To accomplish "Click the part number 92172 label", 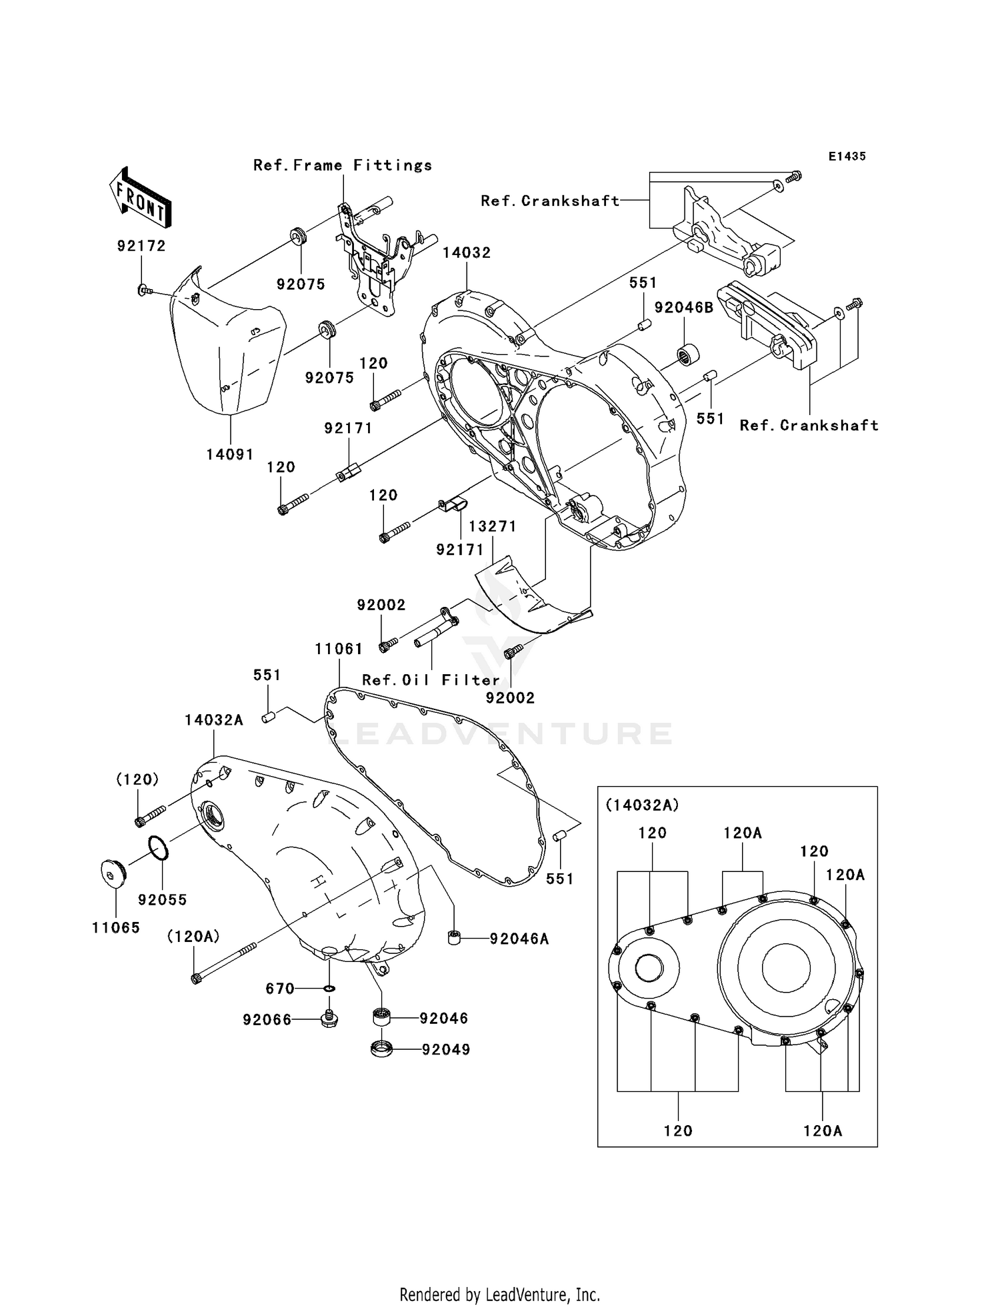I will [141, 246].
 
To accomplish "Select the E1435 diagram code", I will [847, 156].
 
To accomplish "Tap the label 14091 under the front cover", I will [230, 454].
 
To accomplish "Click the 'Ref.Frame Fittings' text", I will [343, 165].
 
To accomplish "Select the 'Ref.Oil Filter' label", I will [431, 680].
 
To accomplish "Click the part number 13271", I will [493, 526].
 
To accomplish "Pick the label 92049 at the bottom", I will [446, 1050].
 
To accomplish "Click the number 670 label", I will [280, 989].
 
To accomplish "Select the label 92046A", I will [519, 939].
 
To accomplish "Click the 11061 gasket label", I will [339, 649].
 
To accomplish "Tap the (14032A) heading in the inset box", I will [642, 805].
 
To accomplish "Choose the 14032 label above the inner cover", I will [467, 252].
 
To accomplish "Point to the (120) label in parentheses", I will [137, 779].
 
